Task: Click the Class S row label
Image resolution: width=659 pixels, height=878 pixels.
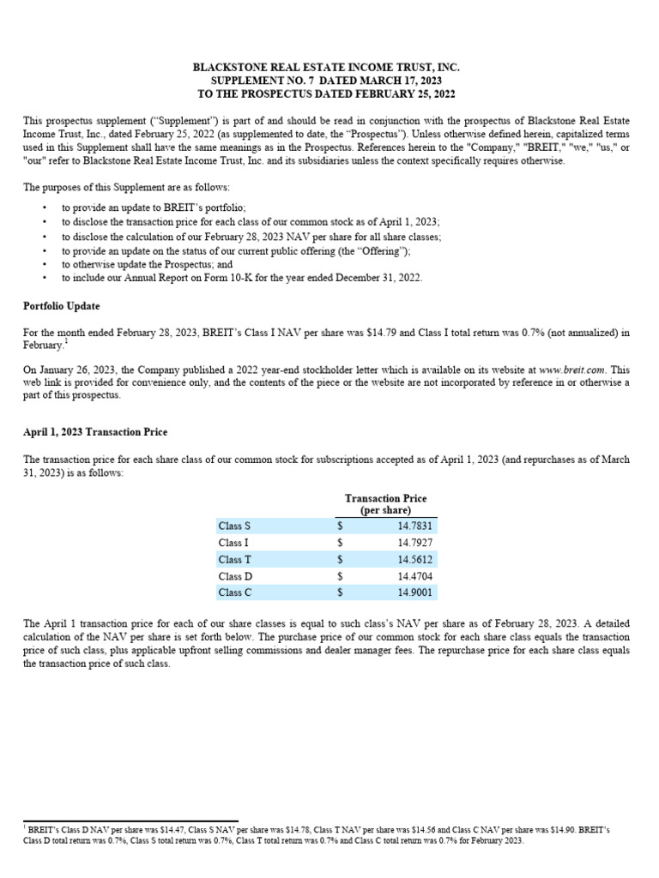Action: pos(235,526)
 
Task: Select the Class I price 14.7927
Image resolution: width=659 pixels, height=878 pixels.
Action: pos(415,543)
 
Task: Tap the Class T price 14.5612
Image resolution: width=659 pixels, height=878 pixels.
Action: pos(415,559)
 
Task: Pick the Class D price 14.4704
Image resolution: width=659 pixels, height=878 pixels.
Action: pos(415,575)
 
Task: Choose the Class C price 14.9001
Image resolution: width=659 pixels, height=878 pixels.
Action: pos(415,592)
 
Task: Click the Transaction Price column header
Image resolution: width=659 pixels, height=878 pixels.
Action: pos(385,504)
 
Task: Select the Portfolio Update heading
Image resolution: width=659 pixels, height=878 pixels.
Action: pos(61,306)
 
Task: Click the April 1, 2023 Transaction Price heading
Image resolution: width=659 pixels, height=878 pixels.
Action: pos(94,432)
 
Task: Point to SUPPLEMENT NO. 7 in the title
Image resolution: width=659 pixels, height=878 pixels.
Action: pos(257,80)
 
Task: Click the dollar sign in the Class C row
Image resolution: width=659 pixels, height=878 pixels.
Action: pos(341,592)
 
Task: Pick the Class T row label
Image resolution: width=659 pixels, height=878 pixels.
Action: pos(235,559)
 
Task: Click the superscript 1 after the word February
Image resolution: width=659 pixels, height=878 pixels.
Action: pos(64,341)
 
